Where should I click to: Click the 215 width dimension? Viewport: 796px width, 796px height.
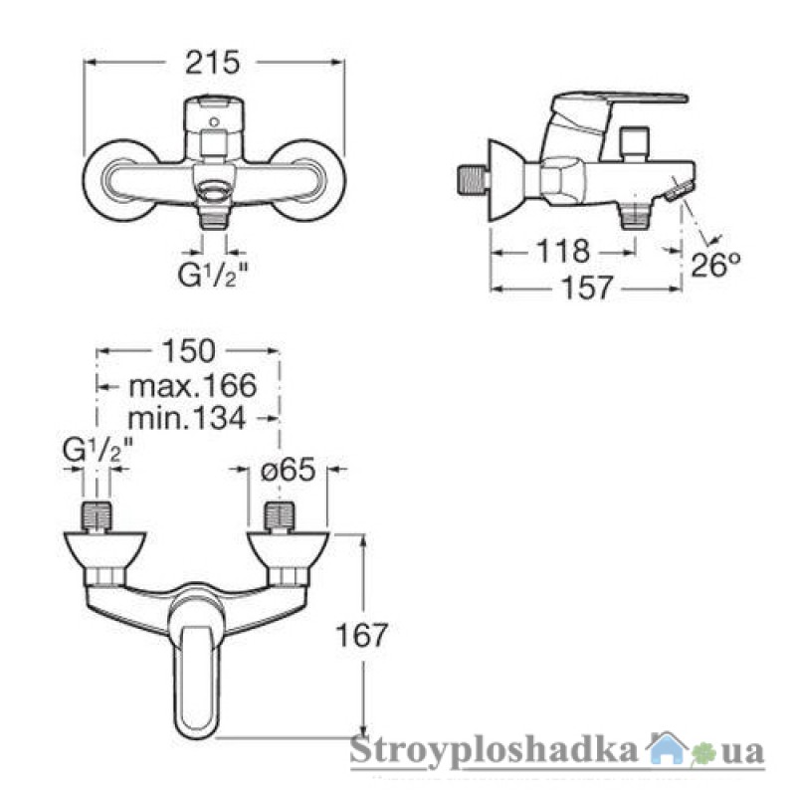pyautogui.click(x=212, y=63)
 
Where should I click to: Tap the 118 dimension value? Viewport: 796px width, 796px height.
pyautogui.click(x=563, y=251)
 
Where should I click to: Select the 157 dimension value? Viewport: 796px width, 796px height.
pyautogui.click(x=587, y=288)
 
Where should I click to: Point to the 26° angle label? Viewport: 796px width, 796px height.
pyautogui.click(x=715, y=265)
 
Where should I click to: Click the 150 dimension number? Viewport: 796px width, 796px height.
pyautogui.click(x=188, y=351)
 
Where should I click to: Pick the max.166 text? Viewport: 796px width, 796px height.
pyautogui.click(x=193, y=386)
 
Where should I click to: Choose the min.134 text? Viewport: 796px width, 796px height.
pyautogui.click(x=187, y=419)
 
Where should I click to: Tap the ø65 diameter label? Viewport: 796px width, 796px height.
pyautogui.click(x=288, y=470)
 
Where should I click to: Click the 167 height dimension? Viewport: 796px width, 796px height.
pyautogui.click(x=362, y=635)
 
